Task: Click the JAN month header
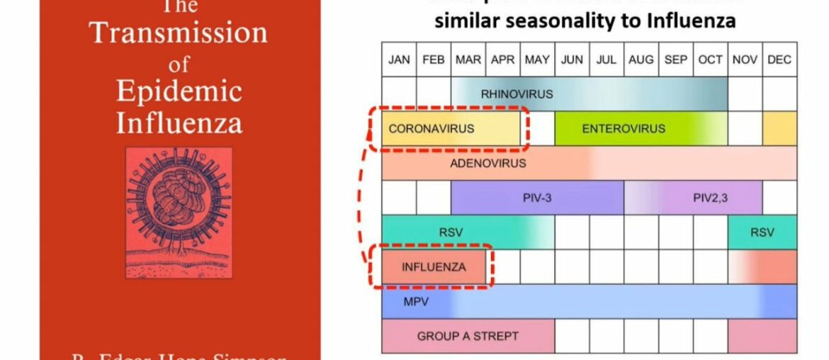[x=399, y=60]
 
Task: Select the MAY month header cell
[x=537, y=60]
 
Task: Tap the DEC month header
[x=779, y=60]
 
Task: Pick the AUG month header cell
[x=641, y=60]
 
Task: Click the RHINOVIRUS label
[x=517, y=94]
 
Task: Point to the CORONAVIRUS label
[x=432, y=128]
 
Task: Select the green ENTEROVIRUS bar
[x=624, y=128]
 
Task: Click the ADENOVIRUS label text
[x=487, y=163]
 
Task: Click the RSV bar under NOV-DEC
[x=762, y=232]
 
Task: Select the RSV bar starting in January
[x=451, y=232]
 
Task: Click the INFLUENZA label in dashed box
[x=434, y=267]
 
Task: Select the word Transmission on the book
[x=179, y=33]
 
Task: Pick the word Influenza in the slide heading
[x=694, y=21]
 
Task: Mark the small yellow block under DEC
[x=779, y=128]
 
